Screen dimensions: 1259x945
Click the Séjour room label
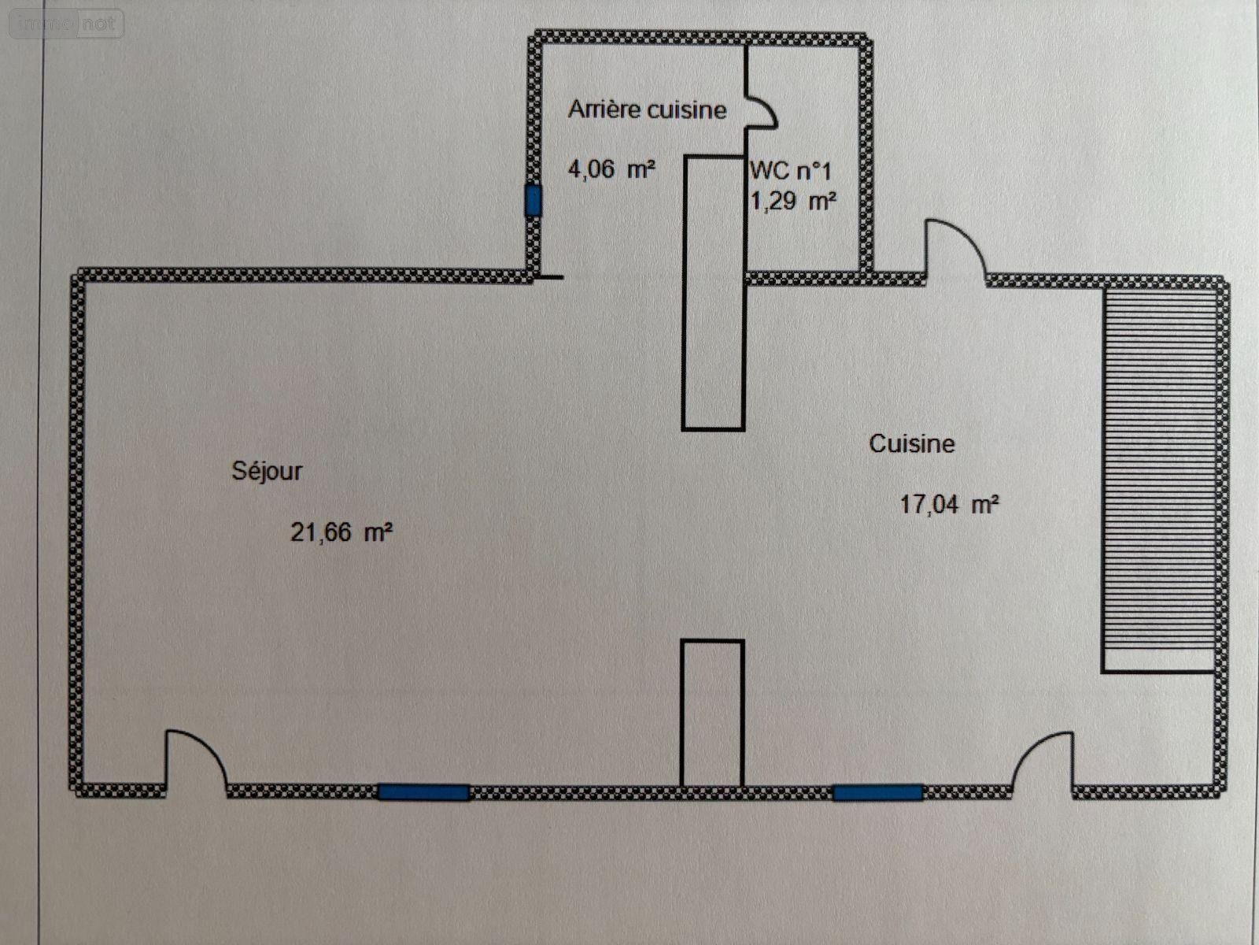267,471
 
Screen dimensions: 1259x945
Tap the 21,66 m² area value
342,532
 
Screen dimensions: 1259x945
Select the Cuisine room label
911,443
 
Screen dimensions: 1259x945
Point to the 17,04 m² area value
950,504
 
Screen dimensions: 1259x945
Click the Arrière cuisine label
647,109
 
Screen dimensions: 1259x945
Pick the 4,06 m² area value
611,169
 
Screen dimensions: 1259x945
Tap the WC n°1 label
790,170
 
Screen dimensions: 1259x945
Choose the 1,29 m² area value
792,202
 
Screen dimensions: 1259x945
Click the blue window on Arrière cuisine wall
534,201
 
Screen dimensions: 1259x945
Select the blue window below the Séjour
423,792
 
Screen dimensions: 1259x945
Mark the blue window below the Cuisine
878,792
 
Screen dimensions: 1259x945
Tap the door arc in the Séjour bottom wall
196,758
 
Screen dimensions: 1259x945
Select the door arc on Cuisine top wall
954,248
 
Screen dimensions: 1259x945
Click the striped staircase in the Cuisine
1157,469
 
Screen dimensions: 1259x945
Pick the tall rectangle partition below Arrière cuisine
713,293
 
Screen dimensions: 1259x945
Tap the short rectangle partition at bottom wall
712,713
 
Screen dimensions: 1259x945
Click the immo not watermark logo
67,24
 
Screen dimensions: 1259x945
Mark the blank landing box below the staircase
1157,661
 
